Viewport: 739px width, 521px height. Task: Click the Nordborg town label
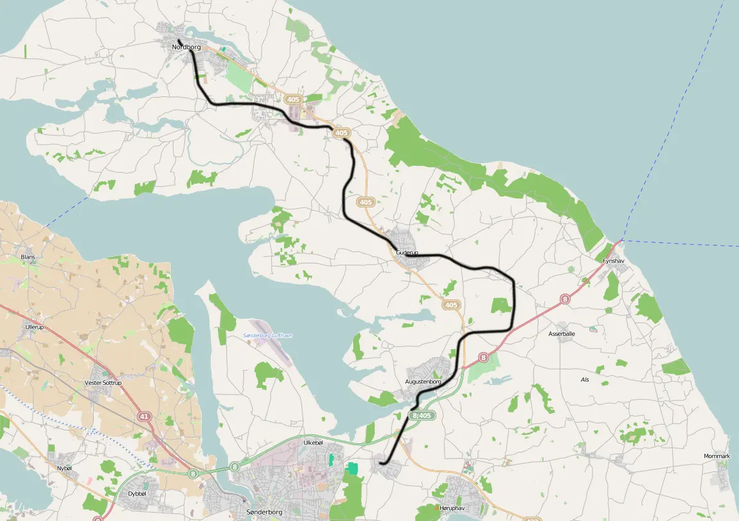point(186,47)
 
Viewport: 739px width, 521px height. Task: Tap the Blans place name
point(28,257)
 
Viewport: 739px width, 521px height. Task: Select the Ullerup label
point(34,327)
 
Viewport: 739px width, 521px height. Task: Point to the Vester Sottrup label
point(103,383)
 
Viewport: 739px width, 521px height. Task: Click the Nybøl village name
point(65,468)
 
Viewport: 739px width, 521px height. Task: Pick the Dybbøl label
point(138,493)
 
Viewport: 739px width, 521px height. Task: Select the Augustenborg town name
point(423,382)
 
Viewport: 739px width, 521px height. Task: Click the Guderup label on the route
point(407,253)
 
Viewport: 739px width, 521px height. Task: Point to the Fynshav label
point(613,261)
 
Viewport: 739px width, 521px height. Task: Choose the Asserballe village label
point(562,334)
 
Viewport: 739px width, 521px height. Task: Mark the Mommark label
point(717,456)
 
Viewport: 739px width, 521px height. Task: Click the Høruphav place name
point(452,508)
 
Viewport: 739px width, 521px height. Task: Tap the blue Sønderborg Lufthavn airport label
point(268,336)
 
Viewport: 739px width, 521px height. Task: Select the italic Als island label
point(585,380)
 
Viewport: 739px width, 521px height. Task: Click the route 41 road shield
point(144,417)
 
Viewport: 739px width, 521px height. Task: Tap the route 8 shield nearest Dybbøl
point(193,473)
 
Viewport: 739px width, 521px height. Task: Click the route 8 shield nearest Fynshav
point(565,299)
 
